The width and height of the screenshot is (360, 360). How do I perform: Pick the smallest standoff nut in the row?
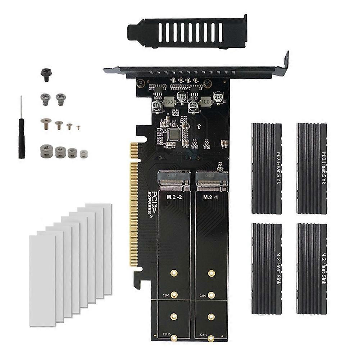83,153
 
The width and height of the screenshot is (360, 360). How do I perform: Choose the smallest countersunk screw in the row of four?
78,127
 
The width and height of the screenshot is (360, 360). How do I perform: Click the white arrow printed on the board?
199,127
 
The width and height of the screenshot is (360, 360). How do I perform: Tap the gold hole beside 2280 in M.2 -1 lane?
211,295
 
